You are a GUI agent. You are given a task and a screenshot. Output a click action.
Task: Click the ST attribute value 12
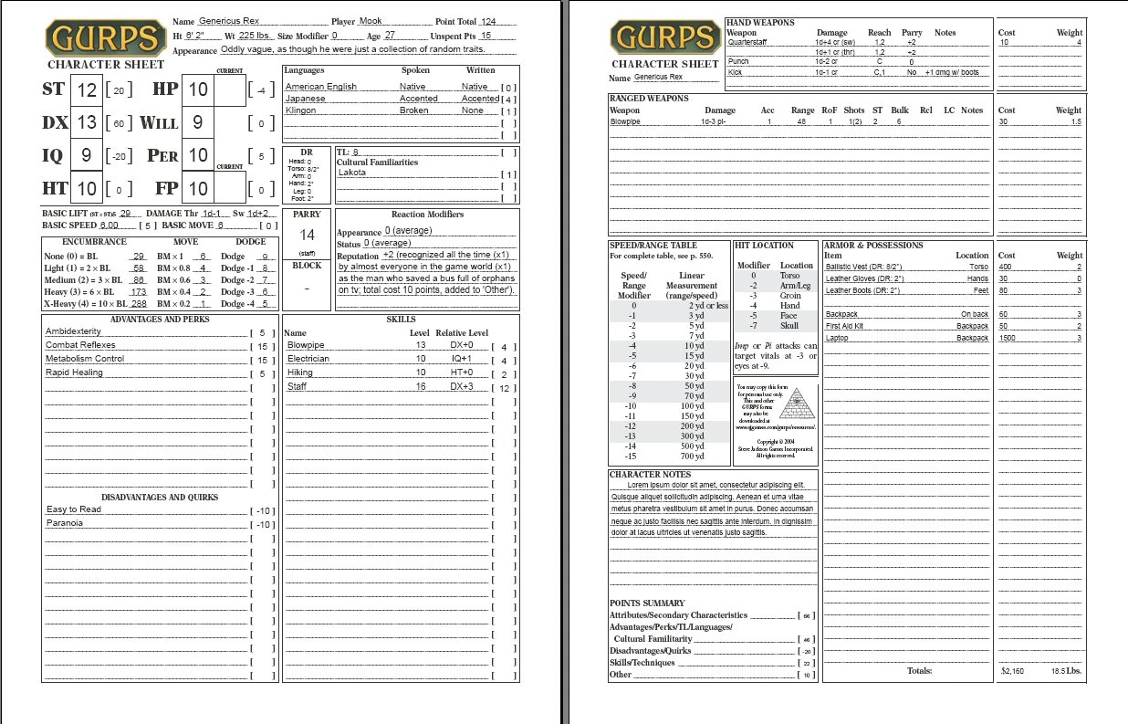(87, 89)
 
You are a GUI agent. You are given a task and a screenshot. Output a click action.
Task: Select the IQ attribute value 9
(87, 155)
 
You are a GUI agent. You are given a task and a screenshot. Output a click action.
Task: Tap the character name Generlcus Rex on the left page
(229, 21)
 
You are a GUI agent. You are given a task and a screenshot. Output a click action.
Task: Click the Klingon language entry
(301, 110)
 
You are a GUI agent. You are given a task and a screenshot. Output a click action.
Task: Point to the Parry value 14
(307, 235)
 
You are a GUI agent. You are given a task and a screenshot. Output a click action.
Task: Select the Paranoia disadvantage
(65, 523)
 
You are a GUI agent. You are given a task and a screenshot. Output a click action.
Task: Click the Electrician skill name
(308, 359)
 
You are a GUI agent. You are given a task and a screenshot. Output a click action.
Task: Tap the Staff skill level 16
(421, 387)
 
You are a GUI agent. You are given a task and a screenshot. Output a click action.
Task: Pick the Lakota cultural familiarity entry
(352, 173)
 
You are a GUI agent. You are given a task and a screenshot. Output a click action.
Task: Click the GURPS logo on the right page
(664, 37)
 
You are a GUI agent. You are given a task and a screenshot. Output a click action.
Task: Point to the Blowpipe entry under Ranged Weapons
(626, 121)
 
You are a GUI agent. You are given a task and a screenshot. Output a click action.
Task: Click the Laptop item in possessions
(838, 338)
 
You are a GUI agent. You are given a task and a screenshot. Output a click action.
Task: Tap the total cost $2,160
(1012, 671)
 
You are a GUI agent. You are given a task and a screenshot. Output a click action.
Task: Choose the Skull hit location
(789, 326)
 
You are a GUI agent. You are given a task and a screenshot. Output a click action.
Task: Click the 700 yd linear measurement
(693, 456)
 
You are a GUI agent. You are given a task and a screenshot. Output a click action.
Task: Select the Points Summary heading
(647, 603)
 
